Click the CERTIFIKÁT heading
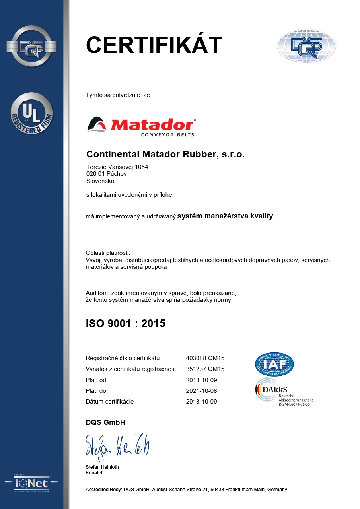pyautogui.click(x=154, y=45)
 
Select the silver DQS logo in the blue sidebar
pyautogui.click(x=31, y=46)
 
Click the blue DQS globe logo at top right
pyautogui.click(x=306, y=46)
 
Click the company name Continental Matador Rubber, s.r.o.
pyautogui.click(x=165, y=154)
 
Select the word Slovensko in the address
pyautogui.click(x=100, y=181)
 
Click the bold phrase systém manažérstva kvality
pyautogui.click(x=225, y=216)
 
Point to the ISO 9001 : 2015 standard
pyautogui.click(x=125, y=324)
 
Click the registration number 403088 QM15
pyautogui.click(x=205, y=358)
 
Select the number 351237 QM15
pyautogui.click(x=205, y=369)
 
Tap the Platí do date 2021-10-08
pyautogui.click(x=201, y=390)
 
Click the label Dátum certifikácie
pyautogui.click(x=110, y=401)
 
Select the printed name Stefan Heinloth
pyautogui.click(x=102, y=467)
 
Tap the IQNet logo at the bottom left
pyautogui.click(x=31, y=483)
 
